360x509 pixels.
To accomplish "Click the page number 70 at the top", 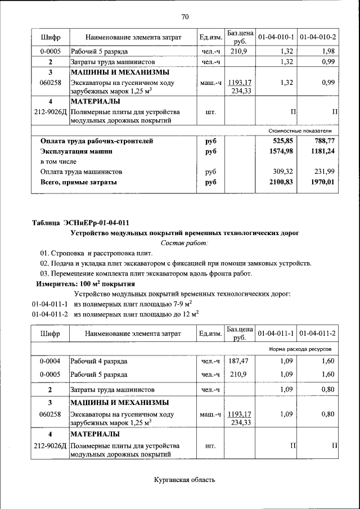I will click(x=185, y=16).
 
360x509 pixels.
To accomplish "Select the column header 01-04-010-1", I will click(x=276, y=37).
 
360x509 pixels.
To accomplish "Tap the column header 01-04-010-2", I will click(x=318, y=37).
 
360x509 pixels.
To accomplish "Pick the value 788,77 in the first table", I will click(x=324, y=141).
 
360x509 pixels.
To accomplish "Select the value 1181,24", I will click(x=323, y=151).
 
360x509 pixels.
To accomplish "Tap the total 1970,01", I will click(x=323, y=182).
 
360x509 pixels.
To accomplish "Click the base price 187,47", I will click(x=240, y=361).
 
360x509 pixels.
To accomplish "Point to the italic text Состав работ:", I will click(x=184, y=243).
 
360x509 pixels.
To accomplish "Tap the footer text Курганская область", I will click(x=184, y=479).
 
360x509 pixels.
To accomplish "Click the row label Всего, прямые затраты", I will click(x=79, y=182).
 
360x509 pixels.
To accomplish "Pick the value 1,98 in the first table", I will click(x=328, y=52).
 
